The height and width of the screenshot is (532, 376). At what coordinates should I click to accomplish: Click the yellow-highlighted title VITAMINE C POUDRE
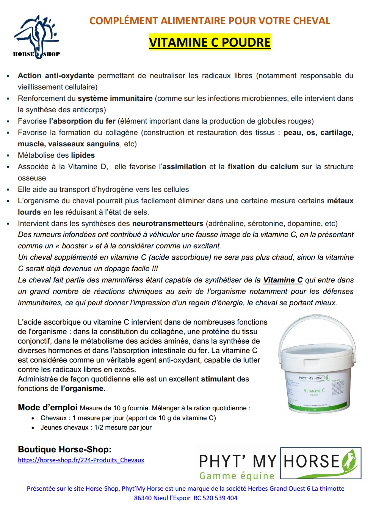[210, 42]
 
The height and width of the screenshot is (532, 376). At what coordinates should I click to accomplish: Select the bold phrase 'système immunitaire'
[115, 99]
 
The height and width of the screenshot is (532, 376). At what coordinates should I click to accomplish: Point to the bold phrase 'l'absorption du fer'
[82, 121]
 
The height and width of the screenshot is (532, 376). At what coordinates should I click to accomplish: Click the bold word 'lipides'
[83, 155]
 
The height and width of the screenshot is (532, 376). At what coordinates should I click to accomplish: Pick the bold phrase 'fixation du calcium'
[263, 167]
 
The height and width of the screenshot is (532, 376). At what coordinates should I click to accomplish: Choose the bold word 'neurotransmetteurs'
[168, 224]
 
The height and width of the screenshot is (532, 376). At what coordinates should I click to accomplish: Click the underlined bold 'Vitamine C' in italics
[283, 280]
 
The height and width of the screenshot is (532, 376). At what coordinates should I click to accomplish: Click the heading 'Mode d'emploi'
[47, 408]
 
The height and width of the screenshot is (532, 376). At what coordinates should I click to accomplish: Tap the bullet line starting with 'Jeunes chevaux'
[96, 428]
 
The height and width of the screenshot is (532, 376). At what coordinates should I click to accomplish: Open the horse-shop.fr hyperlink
[81, 460]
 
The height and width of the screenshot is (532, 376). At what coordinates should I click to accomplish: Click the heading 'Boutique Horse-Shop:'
[64, 450]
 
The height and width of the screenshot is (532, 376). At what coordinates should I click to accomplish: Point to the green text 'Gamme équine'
[237, 476]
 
